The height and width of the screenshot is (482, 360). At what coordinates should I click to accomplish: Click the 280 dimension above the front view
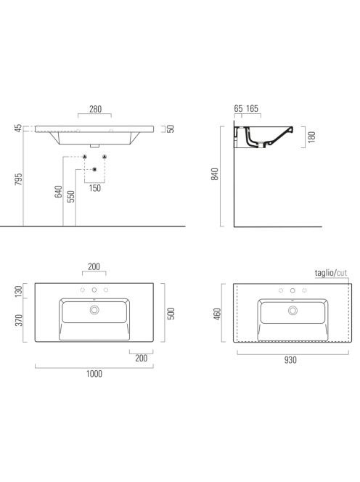coord(95,109)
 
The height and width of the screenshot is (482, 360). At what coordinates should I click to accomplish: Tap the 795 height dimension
coord(19,179)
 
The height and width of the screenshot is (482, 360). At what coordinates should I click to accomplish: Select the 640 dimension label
coord(58,192)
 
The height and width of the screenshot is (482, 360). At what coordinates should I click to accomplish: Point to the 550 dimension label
coord(71,197)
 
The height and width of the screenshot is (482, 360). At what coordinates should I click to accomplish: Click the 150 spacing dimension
coord(94,188)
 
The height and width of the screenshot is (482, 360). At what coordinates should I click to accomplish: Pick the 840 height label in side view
coord(215,174)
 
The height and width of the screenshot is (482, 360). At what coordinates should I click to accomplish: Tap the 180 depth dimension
coord(311,136)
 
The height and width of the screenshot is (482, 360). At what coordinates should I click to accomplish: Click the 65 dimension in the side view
coord(238,108)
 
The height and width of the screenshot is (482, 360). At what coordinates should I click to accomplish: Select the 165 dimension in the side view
coord(252,108)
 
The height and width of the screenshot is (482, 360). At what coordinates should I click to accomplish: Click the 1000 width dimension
coord(94,374)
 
